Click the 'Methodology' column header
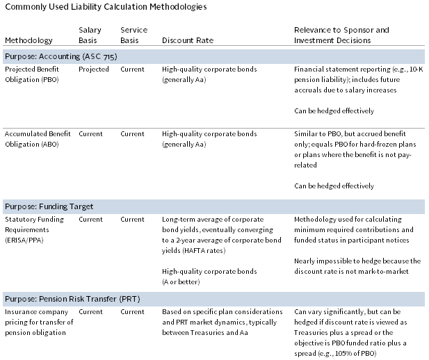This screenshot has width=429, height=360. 24,40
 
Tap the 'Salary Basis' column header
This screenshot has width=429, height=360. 90,35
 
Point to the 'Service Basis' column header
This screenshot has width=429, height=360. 133,35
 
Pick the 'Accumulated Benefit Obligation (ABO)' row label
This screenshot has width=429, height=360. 38,138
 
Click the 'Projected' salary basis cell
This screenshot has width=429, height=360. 93,69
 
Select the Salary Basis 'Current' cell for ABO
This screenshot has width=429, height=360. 90,133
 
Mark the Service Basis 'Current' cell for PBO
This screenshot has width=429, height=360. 132,69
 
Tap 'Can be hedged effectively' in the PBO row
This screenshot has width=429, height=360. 334,111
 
